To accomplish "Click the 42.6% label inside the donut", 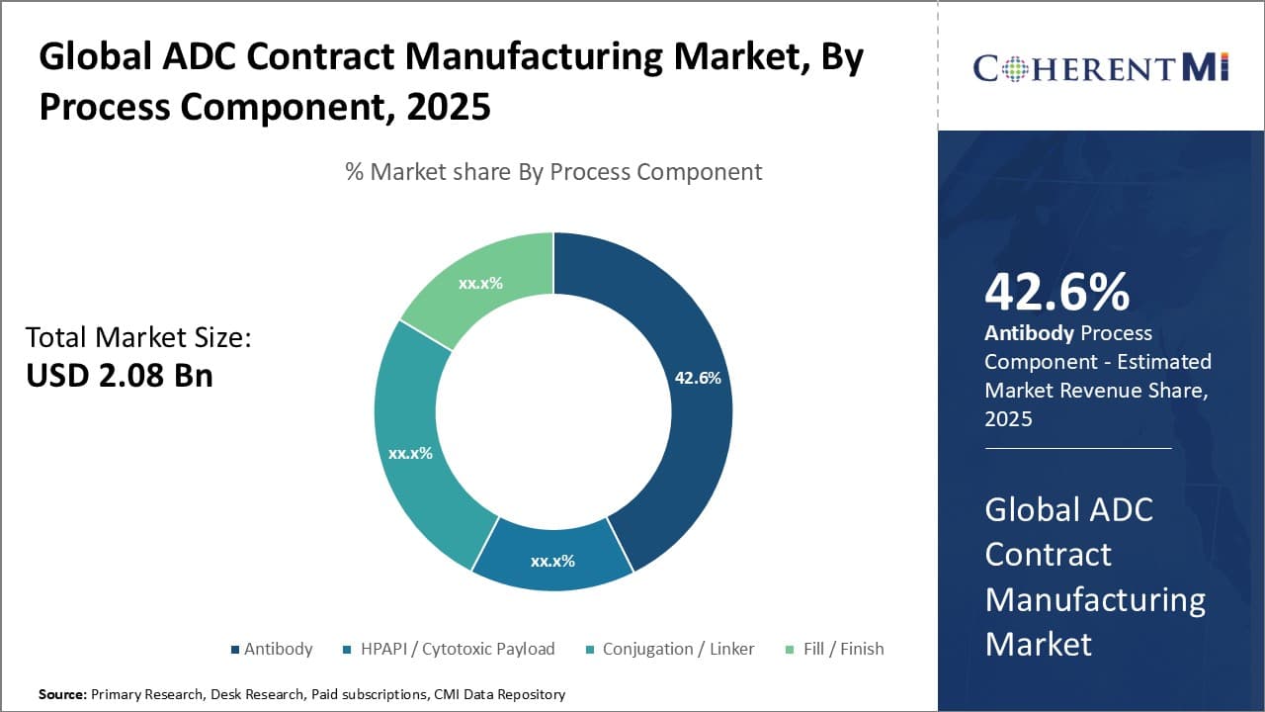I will (698, 378).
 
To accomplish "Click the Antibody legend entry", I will (278, 649).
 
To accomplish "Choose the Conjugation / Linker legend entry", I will (678, 649).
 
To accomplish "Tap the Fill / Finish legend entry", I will (842, 649).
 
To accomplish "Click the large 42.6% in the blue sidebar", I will (1057, 293).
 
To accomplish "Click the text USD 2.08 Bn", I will (119, 375).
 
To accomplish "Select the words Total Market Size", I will (138, 337).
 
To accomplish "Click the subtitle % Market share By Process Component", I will (553, 171).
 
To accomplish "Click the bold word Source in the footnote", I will (61, 694).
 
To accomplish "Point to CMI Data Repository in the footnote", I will (499, 694).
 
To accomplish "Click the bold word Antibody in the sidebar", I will (1029, 333).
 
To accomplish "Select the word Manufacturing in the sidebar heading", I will (1095, 599).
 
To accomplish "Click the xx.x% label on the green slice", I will (480, 283).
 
